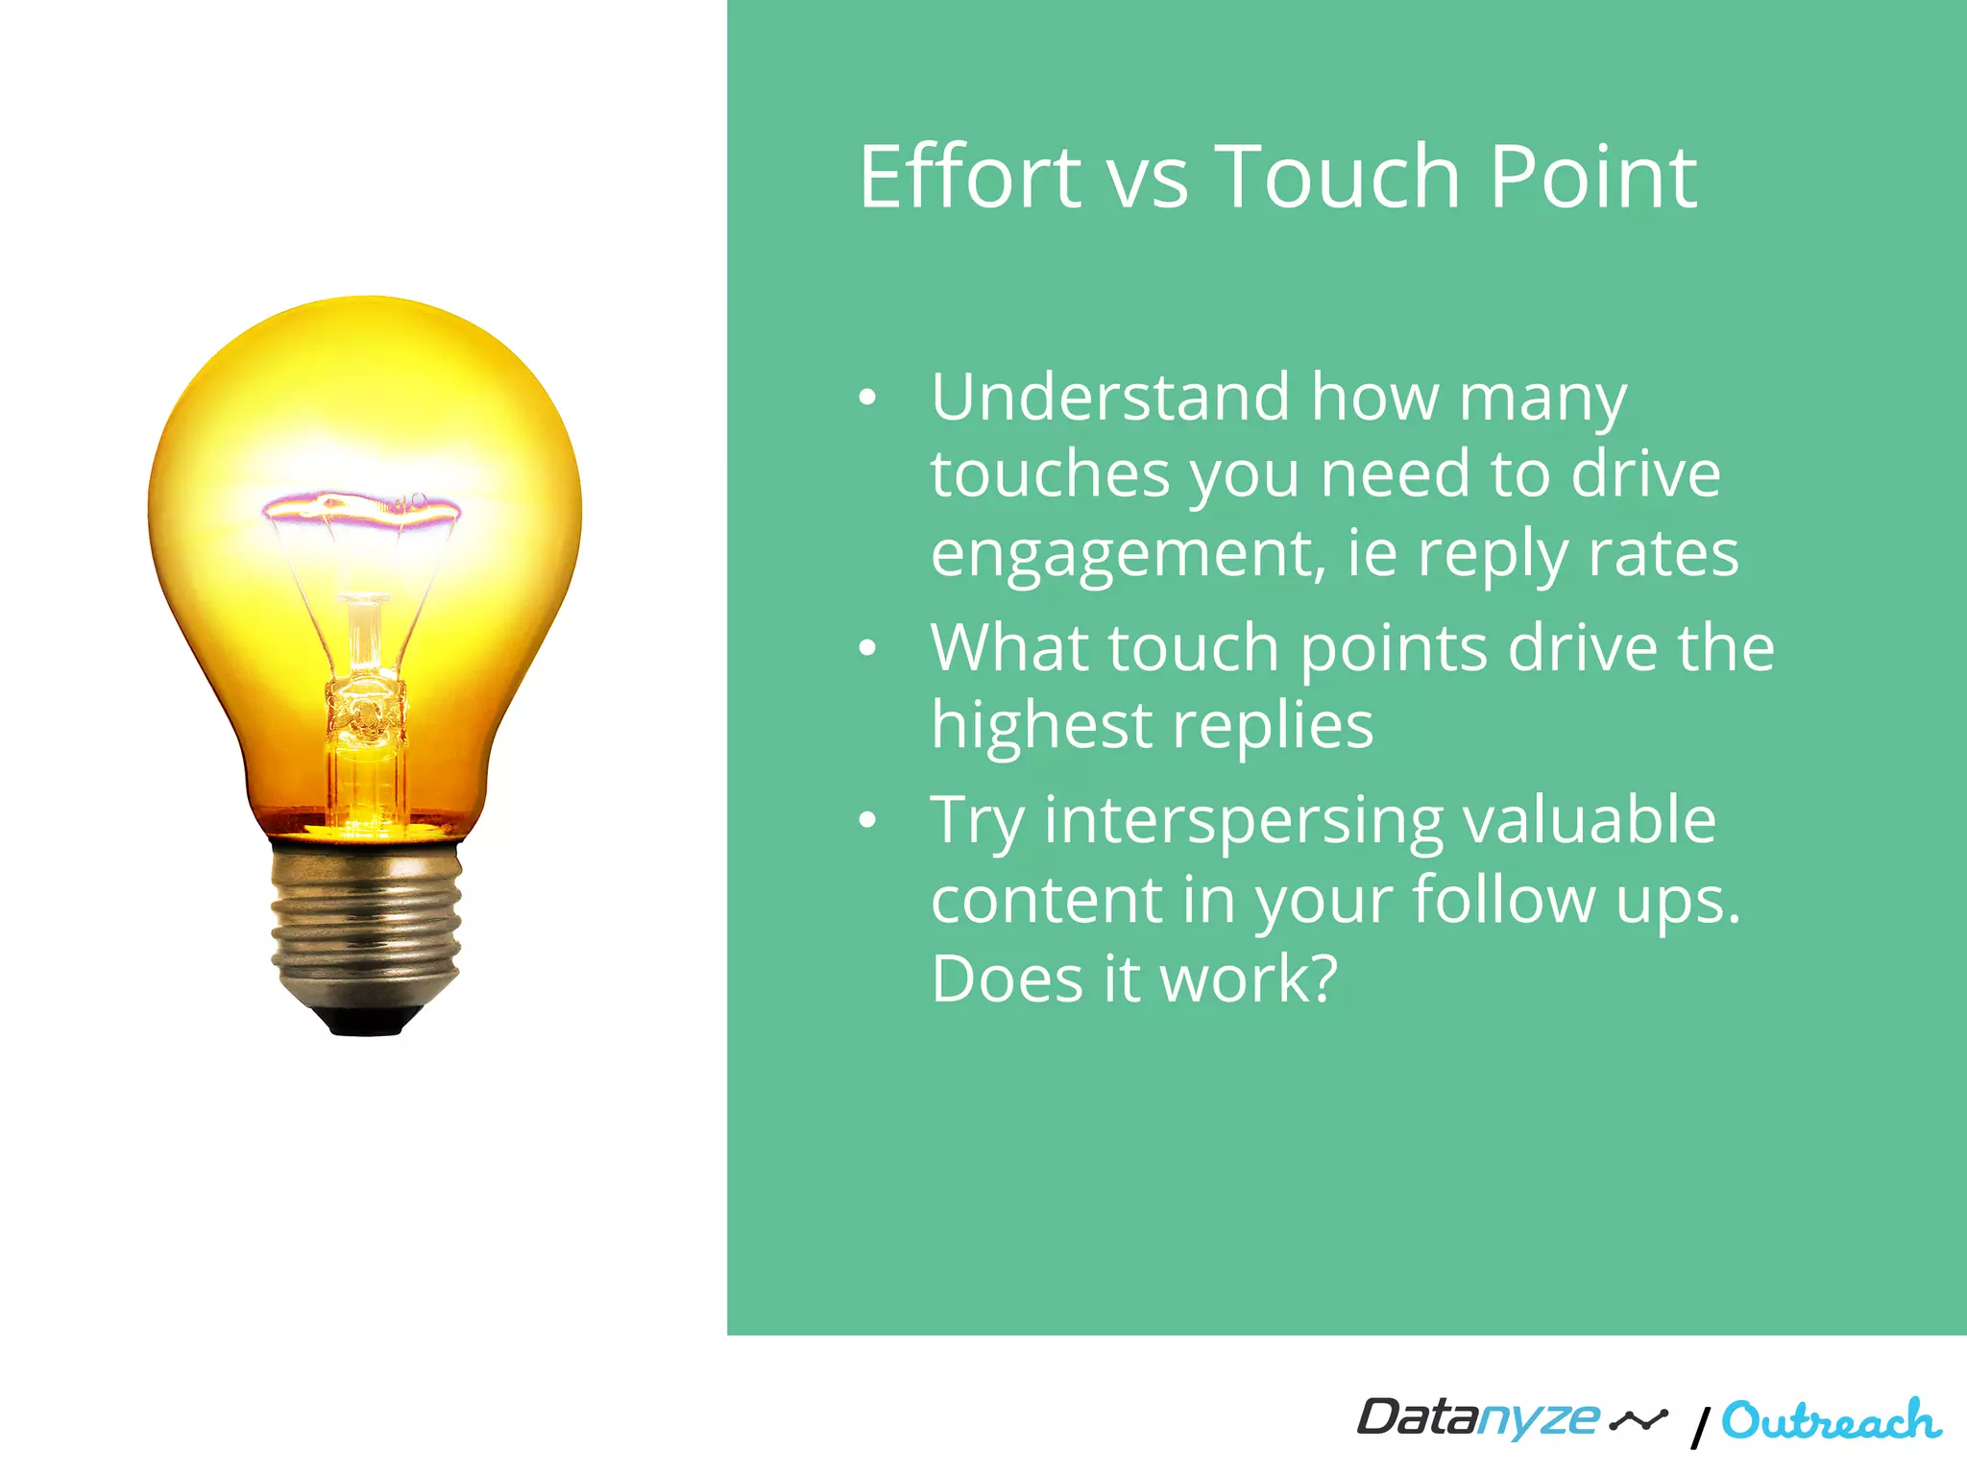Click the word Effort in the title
tap(970, 178)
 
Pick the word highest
tap(1041, 725)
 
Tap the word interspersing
tap(1243, 821)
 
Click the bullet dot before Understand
tap(867, 398)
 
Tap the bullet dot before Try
tap(867, 820)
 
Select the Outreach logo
tap(1831, 1421)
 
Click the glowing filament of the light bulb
tap(362, 506)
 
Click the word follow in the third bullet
tap(1504, 900)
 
